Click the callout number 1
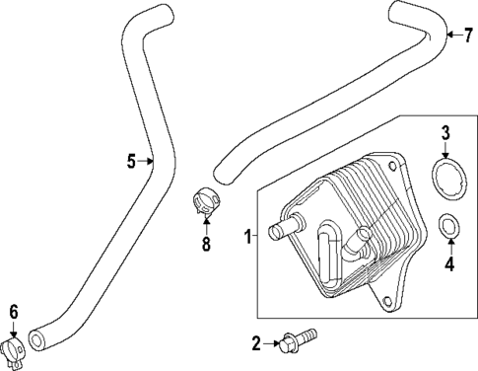pyautogui.click(x=248, y=236)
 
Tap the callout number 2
pyautogui.click(x=256, y=344)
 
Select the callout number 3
pyautogui.click(x=444, y=133)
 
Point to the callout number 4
pyautogui.click(x=449, y=263)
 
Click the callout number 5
pyautogui.click(x=132, y=161)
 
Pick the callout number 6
pyautogui.click(x=13, y=312)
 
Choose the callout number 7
pyautogui.click(x=467, y=37)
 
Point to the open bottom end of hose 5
pyautogui.click(x=39, y=340)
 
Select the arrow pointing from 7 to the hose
pyautogui.click(x=452, y=37)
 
